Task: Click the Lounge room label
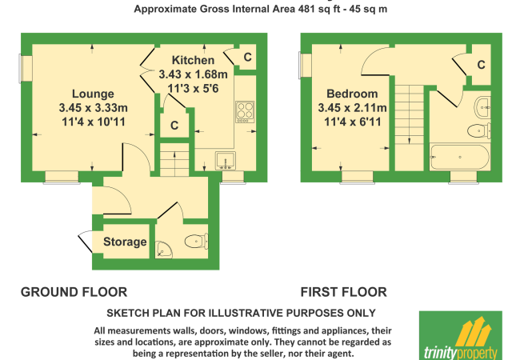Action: coord(93,94)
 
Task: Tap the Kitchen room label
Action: coord(193,60)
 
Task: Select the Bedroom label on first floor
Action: coord(352,94)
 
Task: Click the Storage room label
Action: coord(125,242)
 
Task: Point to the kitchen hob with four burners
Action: coord(245,112)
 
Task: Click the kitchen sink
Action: coord(226,161)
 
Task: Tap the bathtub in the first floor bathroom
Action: coord(460,157)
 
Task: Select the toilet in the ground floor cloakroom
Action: coord(197,241)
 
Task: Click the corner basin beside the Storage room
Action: coord(163,250)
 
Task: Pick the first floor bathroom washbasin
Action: coord(483,107)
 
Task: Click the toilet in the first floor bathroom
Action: coord(479,131)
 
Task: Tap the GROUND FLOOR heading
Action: coord(74,292)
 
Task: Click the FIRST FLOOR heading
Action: coord(343,292)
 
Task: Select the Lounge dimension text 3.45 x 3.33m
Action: coord(93,108)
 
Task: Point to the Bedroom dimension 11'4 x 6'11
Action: coord(353,122)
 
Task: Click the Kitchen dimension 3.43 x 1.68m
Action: coord(193,74)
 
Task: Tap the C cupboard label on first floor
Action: coord(481,65)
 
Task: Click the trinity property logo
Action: coord(461,335)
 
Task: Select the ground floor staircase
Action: coord(174,160)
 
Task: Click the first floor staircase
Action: coord(410,128)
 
